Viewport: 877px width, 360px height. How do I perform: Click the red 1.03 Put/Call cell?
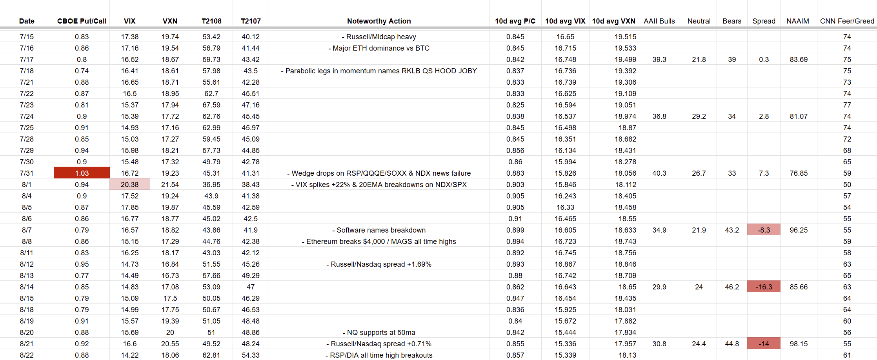(82, 173)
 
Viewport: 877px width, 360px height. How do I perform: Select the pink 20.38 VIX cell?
(129, 184)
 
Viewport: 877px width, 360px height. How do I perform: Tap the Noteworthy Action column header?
(378, 21)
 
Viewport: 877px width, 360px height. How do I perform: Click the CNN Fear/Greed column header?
(847, 21)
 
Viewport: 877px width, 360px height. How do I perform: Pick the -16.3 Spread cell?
(763, 287)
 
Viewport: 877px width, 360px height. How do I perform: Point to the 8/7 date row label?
(27, 230)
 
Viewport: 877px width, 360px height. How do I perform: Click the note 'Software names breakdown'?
(378, 230)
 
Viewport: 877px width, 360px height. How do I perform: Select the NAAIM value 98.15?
(799, 344)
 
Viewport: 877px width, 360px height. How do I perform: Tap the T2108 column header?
(211, 21)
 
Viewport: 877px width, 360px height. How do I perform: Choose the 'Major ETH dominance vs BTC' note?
(378, 48)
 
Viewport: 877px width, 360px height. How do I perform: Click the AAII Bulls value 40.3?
(659, 173)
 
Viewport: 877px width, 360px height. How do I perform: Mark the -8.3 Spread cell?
(763, 230)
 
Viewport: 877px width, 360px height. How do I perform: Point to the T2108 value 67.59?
(211, 105)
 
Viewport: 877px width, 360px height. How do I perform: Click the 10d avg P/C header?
(515, 21)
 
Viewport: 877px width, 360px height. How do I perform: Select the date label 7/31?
(27, 173)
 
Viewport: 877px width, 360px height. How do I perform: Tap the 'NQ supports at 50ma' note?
(378, 332)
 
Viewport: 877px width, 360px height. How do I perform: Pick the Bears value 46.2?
(731, 287)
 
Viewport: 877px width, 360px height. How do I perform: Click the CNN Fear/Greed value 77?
(847, 105)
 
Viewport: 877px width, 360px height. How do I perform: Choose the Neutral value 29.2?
(699, 116)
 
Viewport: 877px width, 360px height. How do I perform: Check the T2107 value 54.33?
(251, 355)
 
